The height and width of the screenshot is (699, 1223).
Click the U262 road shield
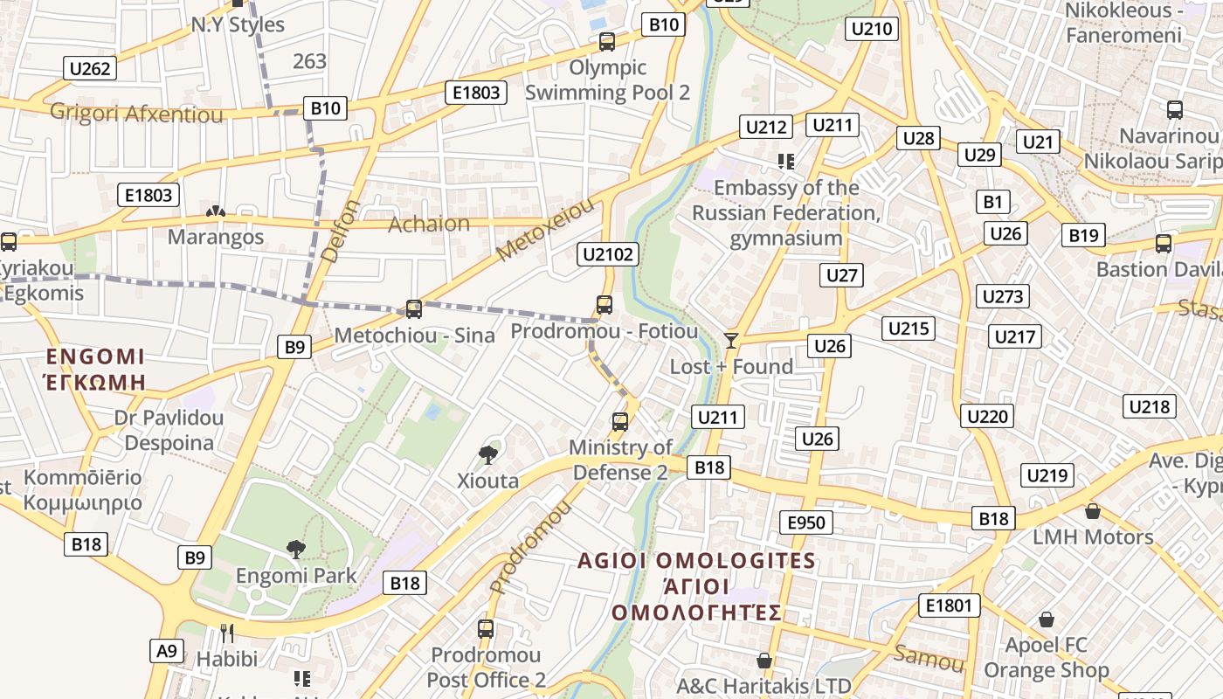point(91,68)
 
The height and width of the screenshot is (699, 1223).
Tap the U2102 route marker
point(608,254)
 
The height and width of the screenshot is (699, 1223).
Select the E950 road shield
point(805,523)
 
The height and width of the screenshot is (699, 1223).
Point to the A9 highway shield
point(168,650)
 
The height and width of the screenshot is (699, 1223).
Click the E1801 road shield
point(949,606)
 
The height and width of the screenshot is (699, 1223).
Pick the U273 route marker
point(1002,296)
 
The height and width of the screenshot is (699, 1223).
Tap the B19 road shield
point(1083,235)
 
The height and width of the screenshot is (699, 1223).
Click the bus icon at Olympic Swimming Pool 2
point(606,41)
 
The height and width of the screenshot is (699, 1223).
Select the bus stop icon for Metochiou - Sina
point(414,308)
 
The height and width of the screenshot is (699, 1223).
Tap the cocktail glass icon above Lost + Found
point(731,340)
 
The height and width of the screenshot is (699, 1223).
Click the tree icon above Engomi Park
point(296,549)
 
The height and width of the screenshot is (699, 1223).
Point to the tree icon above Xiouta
point(487,453)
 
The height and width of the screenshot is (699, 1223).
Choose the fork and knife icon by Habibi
point(226,631)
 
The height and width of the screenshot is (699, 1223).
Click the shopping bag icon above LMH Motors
point(1092,510)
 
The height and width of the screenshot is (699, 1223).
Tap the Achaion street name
point(429,224)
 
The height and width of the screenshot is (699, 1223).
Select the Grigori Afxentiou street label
point(136,113)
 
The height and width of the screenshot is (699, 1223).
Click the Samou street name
point(928,657)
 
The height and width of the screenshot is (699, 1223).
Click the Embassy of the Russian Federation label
point(786,212)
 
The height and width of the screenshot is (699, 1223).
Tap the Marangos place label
point(216,237)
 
